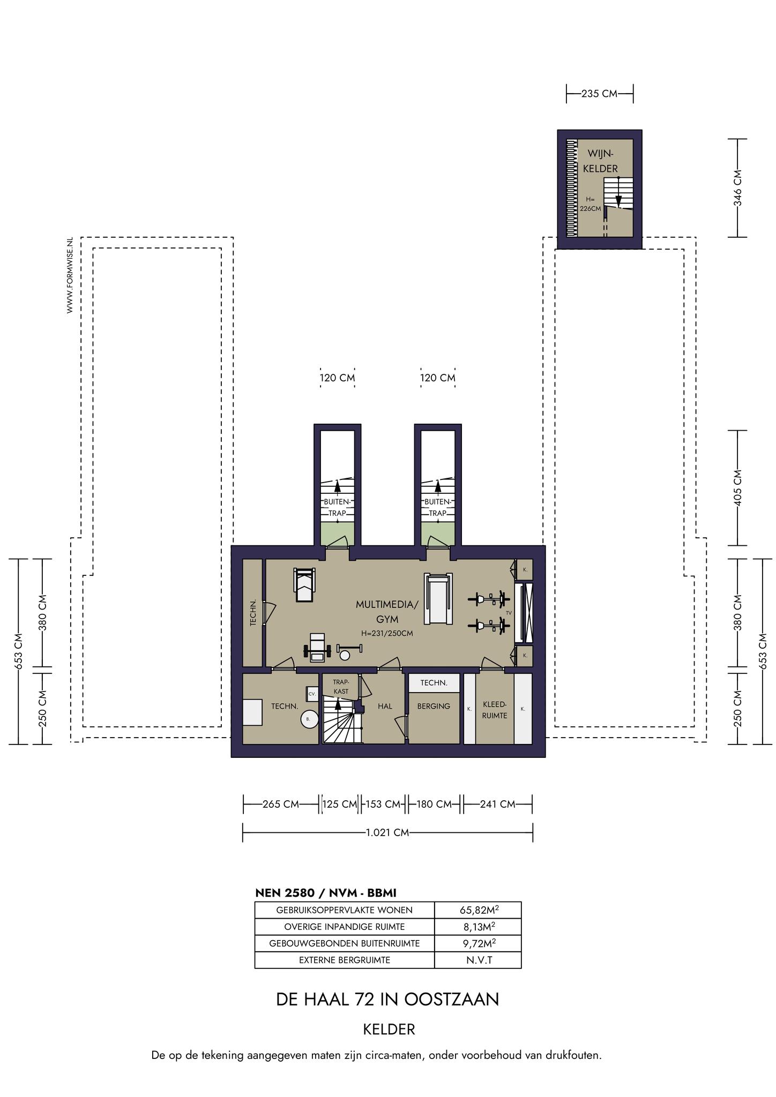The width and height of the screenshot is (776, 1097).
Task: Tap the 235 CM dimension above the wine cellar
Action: click(600, 94)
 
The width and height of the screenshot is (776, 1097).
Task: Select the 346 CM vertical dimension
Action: click(737, 187)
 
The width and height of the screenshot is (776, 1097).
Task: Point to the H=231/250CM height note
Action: click(387, 633)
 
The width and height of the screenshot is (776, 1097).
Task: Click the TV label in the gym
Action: click(509, 612)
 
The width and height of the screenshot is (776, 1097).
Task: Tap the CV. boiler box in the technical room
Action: click(312, 694)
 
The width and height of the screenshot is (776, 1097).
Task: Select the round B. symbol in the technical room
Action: click(309, 719)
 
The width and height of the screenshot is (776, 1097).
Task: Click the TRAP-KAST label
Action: click(341, 687)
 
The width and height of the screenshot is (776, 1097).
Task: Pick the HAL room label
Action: click(385, 707)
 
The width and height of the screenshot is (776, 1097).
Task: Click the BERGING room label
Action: click(434, 707)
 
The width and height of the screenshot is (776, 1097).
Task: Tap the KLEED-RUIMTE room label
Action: click(495, 710)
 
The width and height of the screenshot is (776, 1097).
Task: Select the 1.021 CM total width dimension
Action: click(387, 832)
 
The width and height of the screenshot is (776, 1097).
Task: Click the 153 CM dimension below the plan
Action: click(383, 804)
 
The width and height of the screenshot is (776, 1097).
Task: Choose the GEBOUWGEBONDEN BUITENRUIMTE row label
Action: click(344, 943)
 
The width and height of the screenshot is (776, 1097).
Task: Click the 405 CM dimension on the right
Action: click(737, 487)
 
